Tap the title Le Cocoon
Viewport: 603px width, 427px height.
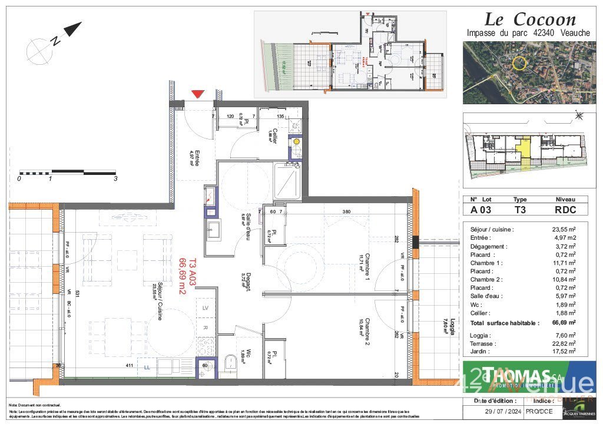(x=513, y=19)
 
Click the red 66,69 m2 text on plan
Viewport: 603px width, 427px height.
(x=183, y=274)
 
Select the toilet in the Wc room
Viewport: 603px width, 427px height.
(x=230, y=364)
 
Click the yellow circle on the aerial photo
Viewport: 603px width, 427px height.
(x=518, y=64)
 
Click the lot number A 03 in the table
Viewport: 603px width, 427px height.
(x=481, y=209)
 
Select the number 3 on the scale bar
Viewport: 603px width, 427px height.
(x=115, y=178)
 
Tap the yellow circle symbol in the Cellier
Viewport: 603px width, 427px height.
(x=297, y=142)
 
